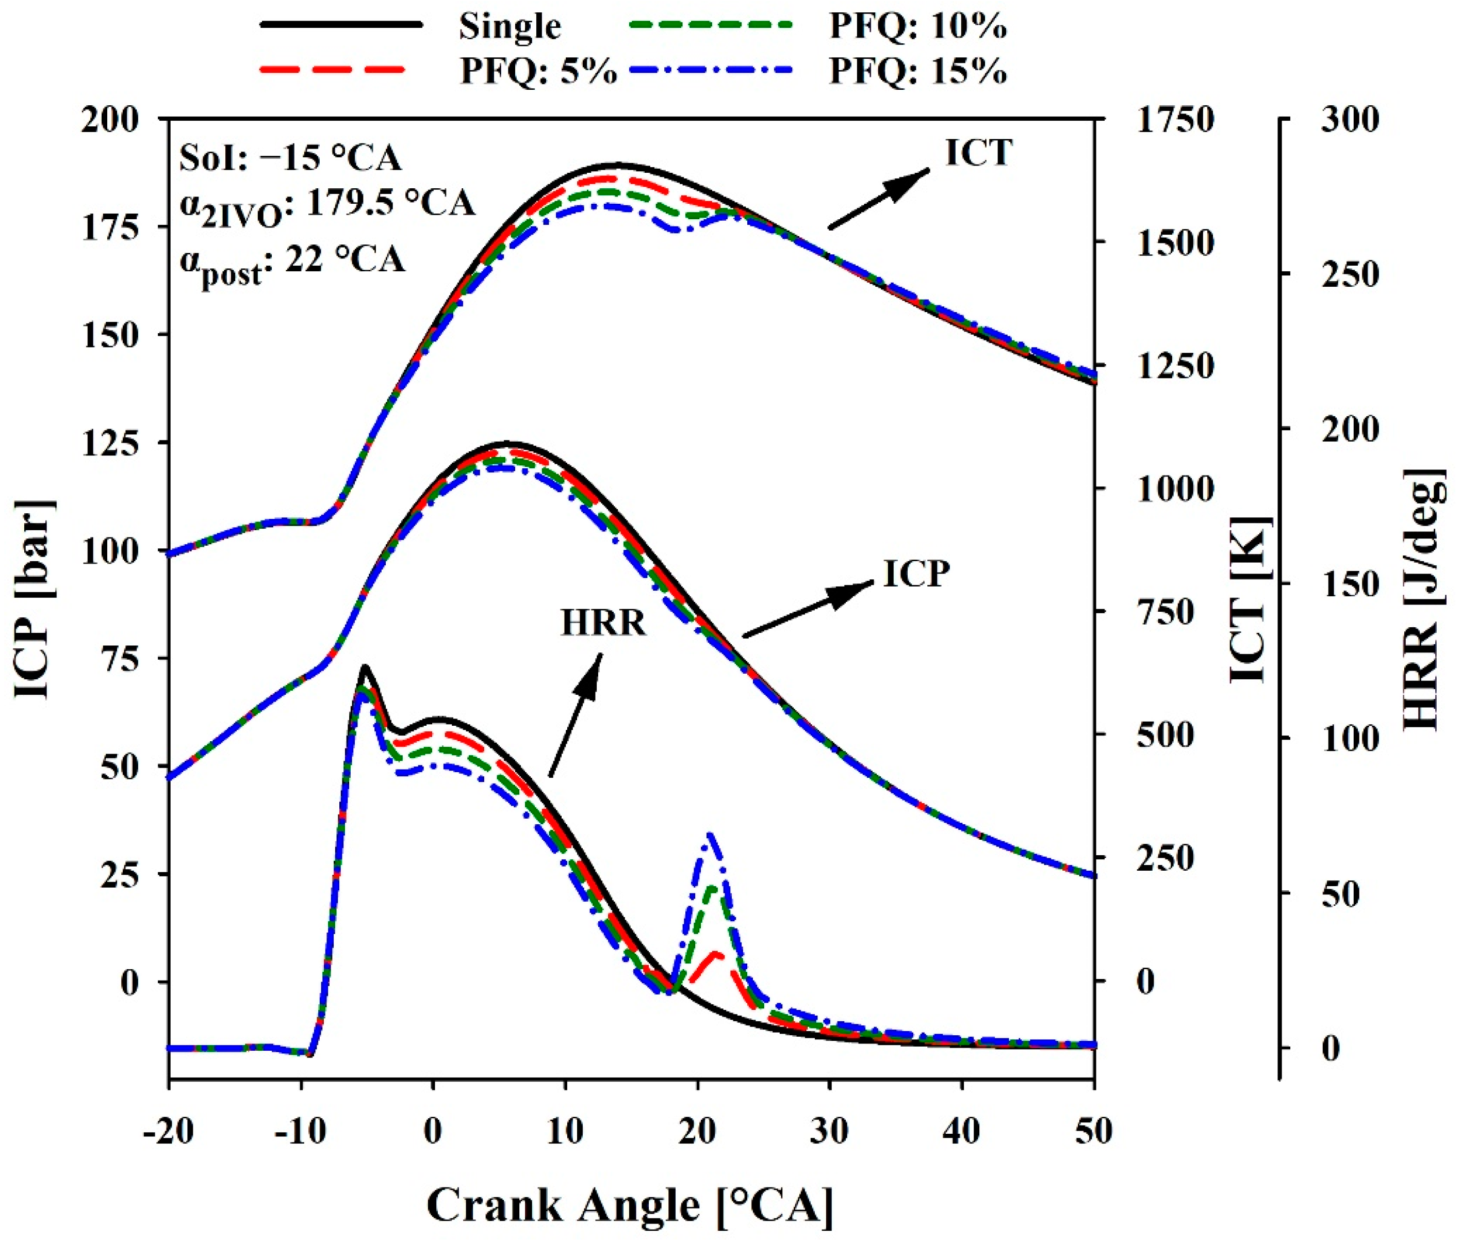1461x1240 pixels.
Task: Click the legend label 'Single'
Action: coord(510,27)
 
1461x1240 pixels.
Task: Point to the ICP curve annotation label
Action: coord(916,574)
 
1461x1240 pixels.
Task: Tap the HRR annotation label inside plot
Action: coord(603,623)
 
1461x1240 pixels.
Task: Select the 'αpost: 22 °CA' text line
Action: coord(292,262)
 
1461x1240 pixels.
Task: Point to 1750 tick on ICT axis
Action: coord(1175,120)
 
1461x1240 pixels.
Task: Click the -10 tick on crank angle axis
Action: coord(301,1132)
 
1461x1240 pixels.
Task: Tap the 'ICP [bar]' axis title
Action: coord(34,599)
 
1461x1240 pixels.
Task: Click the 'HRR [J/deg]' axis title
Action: coord(1424,599)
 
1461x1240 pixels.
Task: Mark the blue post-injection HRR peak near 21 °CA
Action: coord(710,835)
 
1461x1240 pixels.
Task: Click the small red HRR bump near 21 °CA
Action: coord(716,955)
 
